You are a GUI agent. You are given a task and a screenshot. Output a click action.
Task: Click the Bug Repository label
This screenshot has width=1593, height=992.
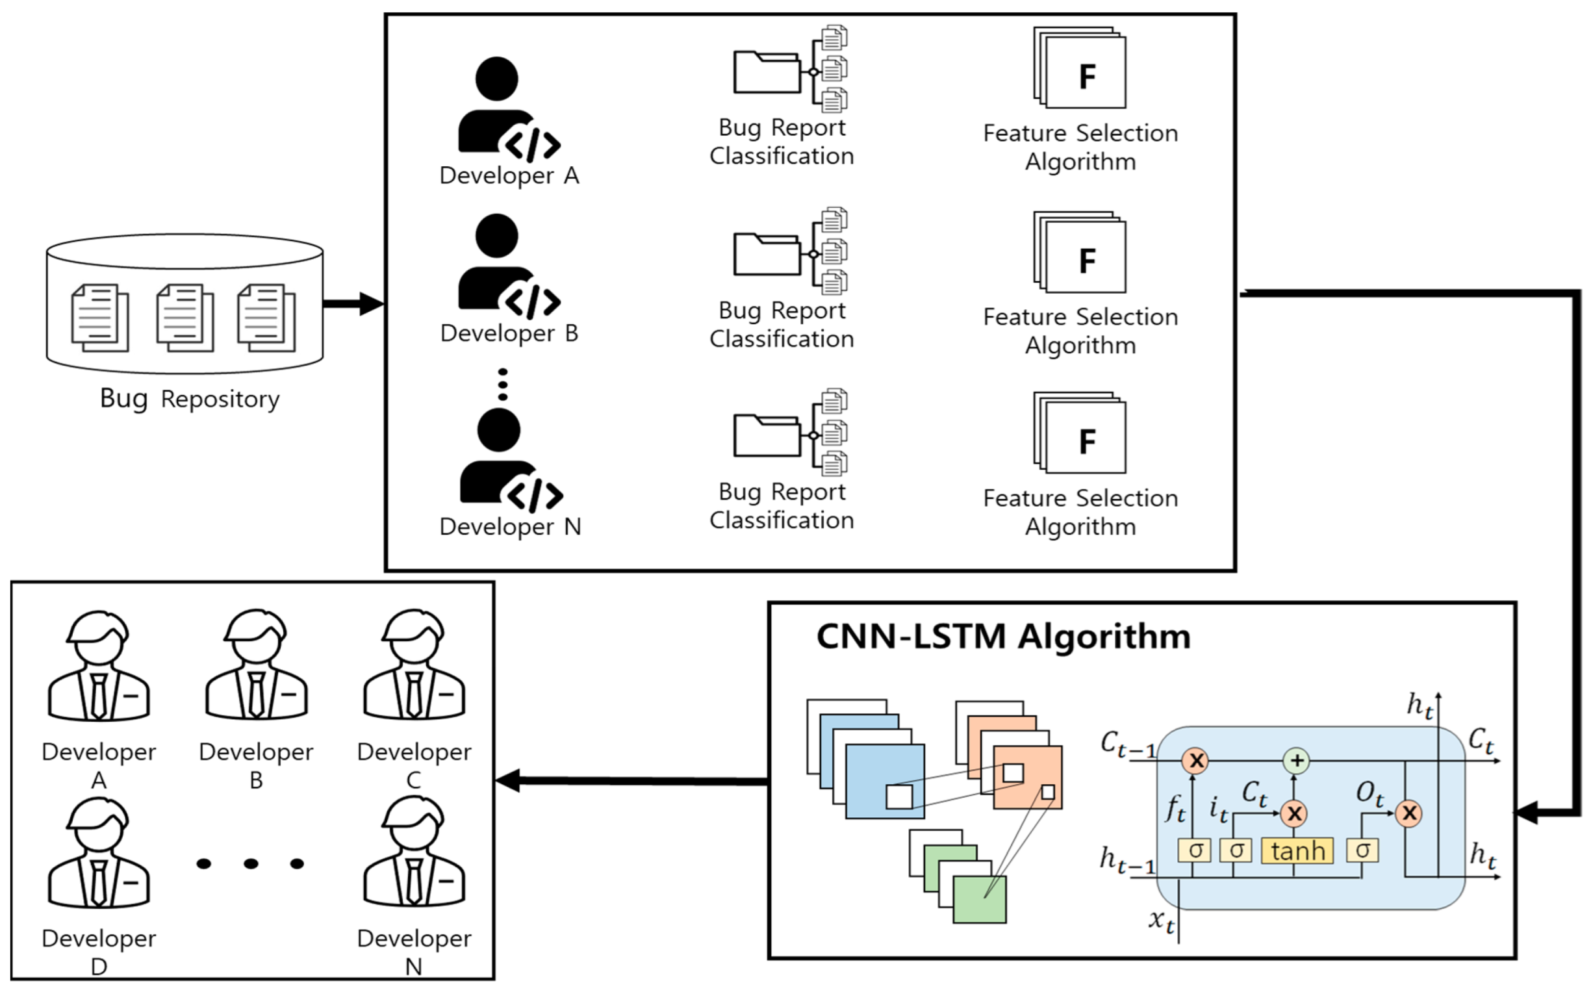click(x=189, y=399)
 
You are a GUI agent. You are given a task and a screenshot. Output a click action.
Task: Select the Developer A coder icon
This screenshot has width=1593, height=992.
click(x=507, y=109)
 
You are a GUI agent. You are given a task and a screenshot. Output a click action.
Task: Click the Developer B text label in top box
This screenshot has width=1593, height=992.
click(x=509, y=333)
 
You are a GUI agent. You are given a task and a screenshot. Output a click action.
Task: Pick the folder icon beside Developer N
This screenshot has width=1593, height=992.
click(x=767, y=436)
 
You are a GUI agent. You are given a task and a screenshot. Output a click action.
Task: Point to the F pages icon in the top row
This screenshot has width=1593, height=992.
click(x=1080, y=68)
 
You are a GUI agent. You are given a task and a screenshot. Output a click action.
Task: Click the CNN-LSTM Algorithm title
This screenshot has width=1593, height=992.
click(x=1002, y=637)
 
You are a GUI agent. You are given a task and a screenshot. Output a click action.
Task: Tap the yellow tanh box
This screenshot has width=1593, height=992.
click(x=1297, y=851)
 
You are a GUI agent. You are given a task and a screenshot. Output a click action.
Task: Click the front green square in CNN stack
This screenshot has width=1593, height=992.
click(x=979, y=900)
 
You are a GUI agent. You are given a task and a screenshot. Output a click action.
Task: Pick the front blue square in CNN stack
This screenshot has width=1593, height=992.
click(x=884, y=781)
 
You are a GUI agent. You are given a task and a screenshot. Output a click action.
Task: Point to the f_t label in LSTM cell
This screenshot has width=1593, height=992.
click(x=1175, y=808)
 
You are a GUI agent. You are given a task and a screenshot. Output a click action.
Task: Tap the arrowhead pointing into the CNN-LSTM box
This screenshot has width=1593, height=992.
click(x=1527, y=813)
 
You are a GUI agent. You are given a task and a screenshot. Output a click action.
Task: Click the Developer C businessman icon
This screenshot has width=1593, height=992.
click(x=414, y=665)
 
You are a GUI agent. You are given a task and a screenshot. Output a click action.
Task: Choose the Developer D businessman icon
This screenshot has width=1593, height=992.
click(x=98, y=853)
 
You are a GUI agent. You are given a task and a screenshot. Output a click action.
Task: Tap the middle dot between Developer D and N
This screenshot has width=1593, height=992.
click(x=251, y=863)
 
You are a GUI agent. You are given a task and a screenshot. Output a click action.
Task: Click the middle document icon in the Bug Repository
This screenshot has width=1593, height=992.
click(x=185, y=318)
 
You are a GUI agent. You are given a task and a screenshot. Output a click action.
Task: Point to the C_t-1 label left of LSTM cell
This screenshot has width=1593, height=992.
click(x=1127, y=744)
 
